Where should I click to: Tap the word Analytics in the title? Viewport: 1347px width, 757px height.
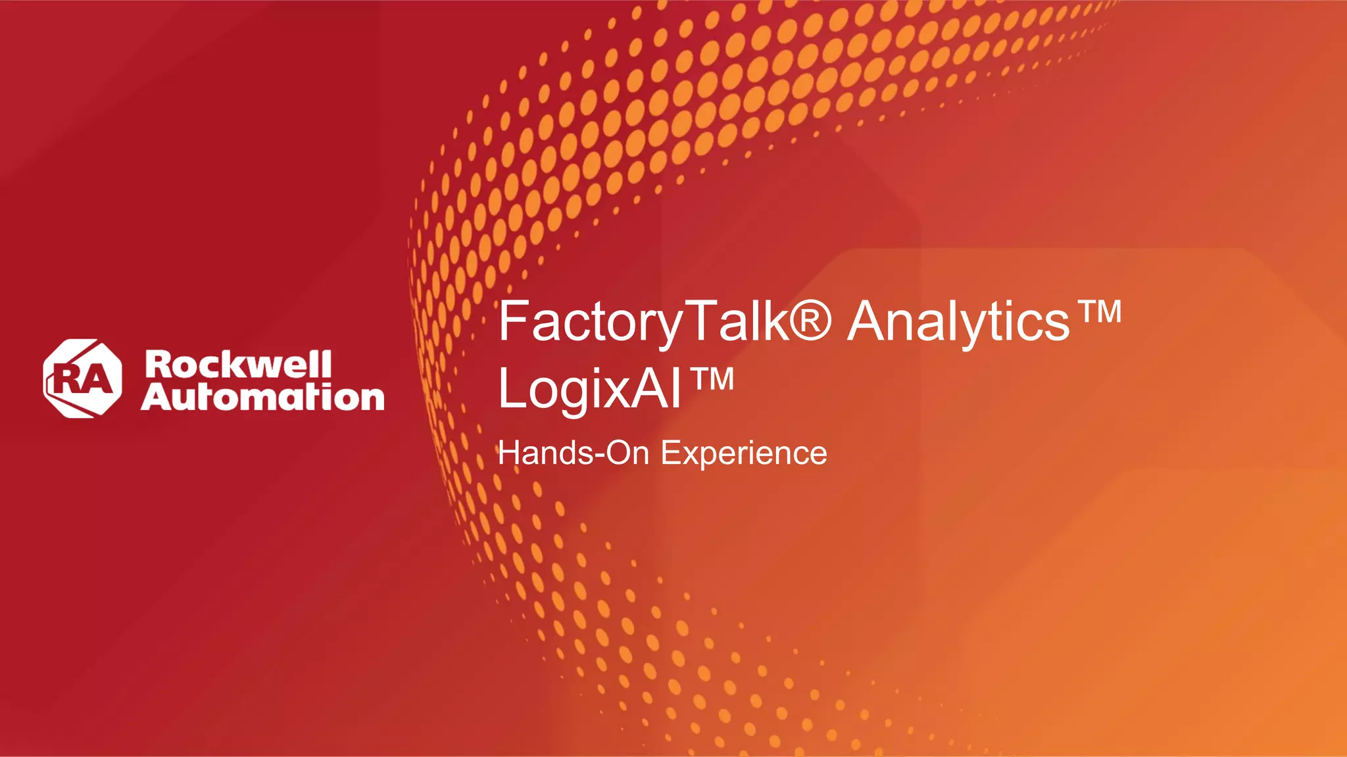point(958,322)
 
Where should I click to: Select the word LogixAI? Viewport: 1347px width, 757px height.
point(589,389)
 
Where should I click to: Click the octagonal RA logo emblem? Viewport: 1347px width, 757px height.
point(82,378)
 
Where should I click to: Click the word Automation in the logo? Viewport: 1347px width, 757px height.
point(262,397)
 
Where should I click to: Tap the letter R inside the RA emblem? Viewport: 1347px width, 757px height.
point(67,380)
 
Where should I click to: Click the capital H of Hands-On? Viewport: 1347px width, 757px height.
point(509,453)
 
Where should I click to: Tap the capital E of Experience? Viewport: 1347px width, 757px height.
point(671,453)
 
